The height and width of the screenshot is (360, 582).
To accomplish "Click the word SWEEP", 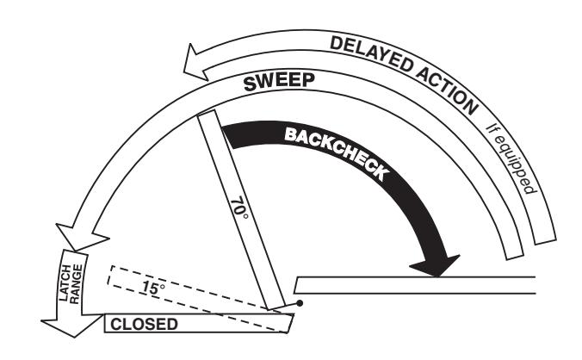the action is coord(279,82).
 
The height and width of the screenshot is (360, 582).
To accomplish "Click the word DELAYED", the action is coord(371,54).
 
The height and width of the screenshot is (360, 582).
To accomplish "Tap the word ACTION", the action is coord(447,90).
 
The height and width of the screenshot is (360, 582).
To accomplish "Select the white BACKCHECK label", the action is coord(337,153).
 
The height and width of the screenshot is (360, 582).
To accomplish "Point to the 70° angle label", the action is coord(239,208).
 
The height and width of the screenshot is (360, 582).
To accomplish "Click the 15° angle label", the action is coord(152,288).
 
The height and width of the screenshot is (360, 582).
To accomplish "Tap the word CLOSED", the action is coord(144,324).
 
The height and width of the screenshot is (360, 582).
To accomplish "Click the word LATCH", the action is coord(65,283).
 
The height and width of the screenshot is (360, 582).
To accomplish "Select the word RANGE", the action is coord(76,284).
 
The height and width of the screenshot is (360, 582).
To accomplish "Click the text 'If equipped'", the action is coord(511,159).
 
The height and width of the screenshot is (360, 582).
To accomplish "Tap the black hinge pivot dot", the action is coord(300,303).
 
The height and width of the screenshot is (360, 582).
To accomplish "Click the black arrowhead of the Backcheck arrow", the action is coord(436,265).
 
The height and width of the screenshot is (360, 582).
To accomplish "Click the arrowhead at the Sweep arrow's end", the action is coord(81,237).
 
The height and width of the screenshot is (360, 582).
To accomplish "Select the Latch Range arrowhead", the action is coord(72,325).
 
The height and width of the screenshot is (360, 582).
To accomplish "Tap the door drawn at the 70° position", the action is coord(241,209).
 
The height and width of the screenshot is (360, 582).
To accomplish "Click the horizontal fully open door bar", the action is coord(415,285).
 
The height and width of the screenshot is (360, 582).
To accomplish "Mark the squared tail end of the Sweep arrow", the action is coord(515,255).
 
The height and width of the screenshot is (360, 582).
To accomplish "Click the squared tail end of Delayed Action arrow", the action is coord(546,240).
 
